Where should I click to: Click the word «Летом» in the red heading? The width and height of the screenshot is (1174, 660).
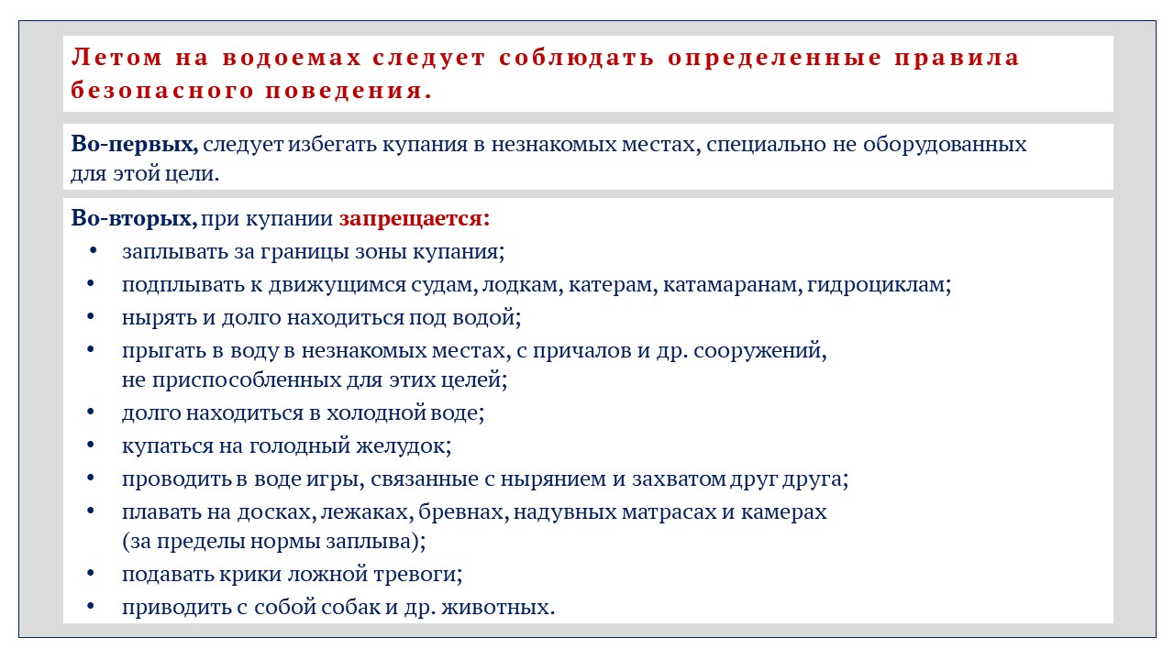(x=116, y=57)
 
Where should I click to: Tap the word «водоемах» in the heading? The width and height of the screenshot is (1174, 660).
(x=292, y=57)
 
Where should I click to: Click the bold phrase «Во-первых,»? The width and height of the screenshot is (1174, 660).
(x=135, y=144)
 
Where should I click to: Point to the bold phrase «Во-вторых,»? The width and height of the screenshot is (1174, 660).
(x=134, y=218)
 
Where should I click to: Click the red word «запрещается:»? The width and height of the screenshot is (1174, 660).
(x=414, y=219)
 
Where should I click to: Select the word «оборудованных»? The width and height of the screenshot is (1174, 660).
(x=945, y=145)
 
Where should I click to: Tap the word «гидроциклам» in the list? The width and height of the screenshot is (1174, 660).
(x=875, y=285)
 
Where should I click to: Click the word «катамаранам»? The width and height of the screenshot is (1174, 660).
(x=729, y=284)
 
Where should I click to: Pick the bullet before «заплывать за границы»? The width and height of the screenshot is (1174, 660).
(x=93, y=251)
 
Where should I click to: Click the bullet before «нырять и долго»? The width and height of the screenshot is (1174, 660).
(x=91, y=317)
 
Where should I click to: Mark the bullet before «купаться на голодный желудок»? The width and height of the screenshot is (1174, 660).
(x=91, y=445)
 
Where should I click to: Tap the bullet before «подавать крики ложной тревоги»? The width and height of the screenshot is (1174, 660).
(x=91, y=574)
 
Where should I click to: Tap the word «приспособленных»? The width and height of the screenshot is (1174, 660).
(x=247, y=380)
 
